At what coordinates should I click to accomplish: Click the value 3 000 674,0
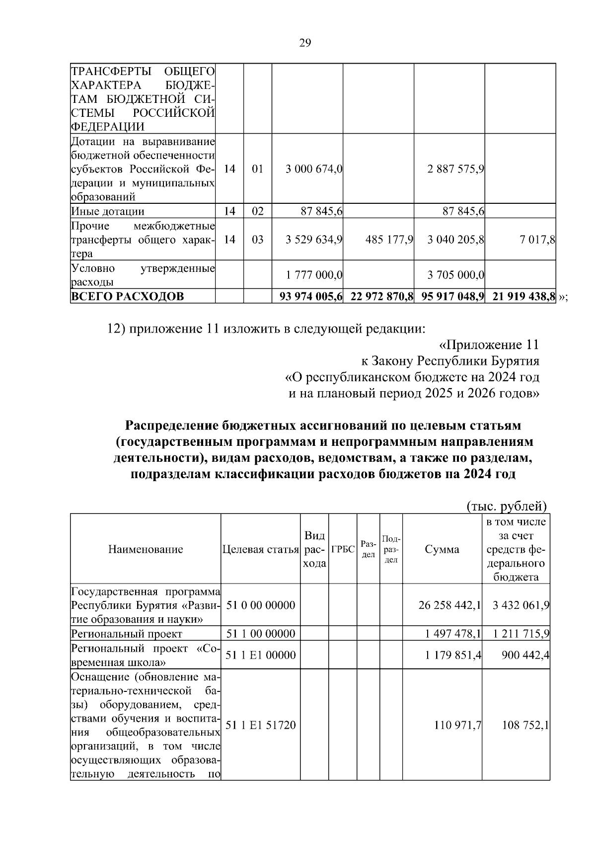[x=314, y=169]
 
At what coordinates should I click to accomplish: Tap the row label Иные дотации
[x=108, y=211]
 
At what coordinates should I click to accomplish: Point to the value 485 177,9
[x=389, y=240]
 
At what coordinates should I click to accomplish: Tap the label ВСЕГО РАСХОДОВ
[x=128, y=297]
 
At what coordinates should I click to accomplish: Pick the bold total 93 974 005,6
[x=311, y=297]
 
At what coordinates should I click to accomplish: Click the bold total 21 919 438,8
[x=523, y=297]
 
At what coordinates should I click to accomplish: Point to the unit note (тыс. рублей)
[x=507, y=506]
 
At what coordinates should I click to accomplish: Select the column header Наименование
[x=146, y=549]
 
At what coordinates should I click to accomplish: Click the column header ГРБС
[x=343, y=549]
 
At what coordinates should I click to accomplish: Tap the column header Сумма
[x=442, y=549]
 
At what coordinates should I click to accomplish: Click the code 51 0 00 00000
[x=260, y=605]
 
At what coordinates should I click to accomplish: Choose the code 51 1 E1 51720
[x=260, y=725]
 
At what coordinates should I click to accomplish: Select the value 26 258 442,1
[x=450, y=605]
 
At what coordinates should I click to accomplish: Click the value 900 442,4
[x=524, y=655]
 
